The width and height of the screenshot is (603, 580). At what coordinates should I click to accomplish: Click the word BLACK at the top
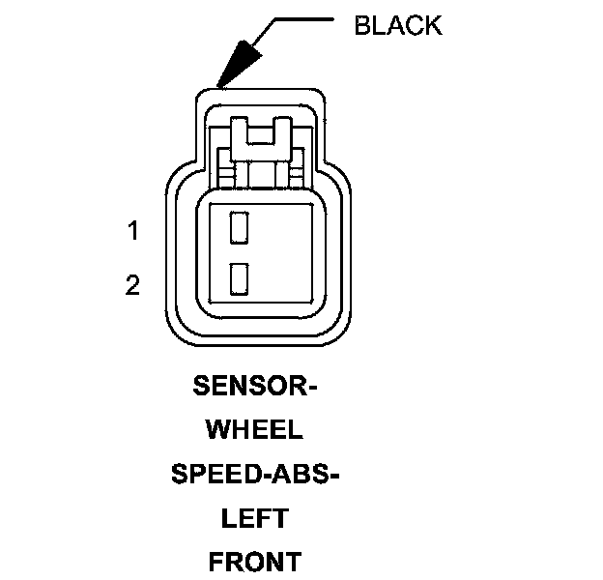click(x=397, y=25)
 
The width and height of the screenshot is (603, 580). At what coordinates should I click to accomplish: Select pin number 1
click(x=133, y=231)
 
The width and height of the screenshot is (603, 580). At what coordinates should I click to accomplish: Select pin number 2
click(x=133, y=285)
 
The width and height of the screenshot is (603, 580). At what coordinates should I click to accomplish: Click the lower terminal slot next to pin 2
click(x=239, y=278)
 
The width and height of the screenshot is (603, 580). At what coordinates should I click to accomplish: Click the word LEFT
click(x=255, y=518)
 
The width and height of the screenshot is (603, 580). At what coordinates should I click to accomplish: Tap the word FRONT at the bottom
click(x=255, y=562)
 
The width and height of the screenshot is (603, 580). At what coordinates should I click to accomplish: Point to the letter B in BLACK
click(x=362, y=25)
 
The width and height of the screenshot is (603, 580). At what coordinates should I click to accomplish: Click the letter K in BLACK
click(x=433, y=25)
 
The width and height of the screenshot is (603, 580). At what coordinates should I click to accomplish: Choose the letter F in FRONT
click(x=217, y=562)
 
